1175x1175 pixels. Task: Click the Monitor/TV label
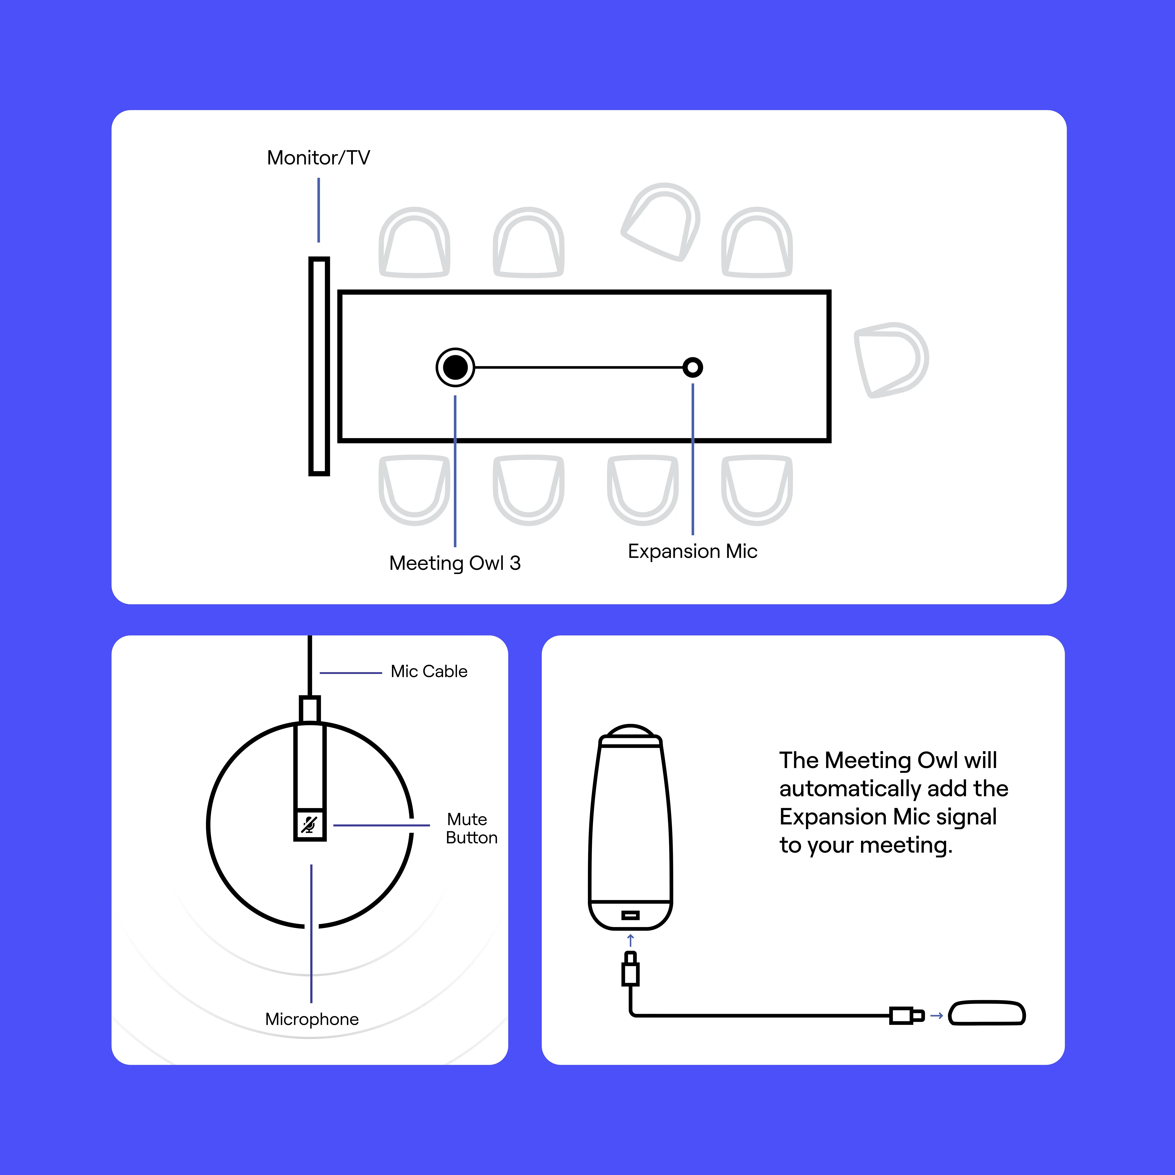point(318,157)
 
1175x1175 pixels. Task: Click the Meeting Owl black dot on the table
point(455,367)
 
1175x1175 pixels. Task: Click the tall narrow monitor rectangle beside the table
point(319,366)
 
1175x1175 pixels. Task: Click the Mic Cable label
point(429,671)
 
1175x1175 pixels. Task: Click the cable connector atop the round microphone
point(310,709)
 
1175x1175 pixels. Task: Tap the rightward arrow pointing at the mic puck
point(937,1016)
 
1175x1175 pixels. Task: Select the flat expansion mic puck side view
point(987,1013)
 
